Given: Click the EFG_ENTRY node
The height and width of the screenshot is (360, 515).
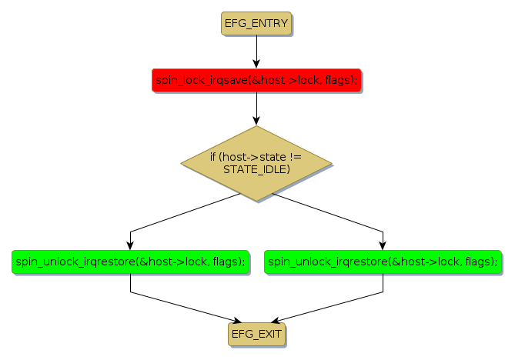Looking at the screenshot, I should [256, 24].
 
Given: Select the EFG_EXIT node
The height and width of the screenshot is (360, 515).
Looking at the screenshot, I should [256, 334].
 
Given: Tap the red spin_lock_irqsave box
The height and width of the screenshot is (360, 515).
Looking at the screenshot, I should [256, 80].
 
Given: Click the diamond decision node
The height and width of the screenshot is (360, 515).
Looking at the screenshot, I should [256, 163].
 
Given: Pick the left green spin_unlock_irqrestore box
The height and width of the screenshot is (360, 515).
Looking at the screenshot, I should [131, 262].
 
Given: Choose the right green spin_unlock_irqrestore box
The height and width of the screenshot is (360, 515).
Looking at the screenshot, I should [383, 262].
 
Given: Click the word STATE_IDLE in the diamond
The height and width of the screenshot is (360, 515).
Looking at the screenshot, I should [256, 169].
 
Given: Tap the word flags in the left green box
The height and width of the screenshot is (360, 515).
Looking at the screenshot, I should [228, 262].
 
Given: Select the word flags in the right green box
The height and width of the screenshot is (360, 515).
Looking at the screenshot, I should [480, 262].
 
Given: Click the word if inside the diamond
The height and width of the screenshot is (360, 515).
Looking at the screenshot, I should [213, 157].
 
